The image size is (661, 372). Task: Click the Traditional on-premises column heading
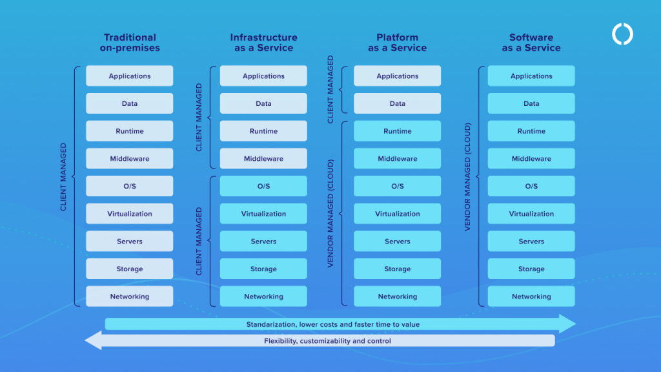coord(130,43)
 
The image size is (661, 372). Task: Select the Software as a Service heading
coord(531,43)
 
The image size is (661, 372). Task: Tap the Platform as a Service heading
coord(397,43)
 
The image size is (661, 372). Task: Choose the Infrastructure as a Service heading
coord(263,43)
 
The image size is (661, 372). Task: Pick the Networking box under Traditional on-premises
coord(129,296)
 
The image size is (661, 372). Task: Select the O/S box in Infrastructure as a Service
coord(263,186)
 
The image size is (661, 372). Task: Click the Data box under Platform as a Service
coord(397,103)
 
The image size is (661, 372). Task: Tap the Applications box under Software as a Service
coord(531,76)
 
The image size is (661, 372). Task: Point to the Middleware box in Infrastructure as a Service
coord(263,159)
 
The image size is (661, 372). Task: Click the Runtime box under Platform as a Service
coord(397,131)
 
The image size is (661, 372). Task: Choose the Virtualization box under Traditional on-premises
coord(129,214)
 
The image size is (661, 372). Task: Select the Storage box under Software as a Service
coord(531,269)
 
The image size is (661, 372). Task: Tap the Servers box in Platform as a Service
coord(397,242)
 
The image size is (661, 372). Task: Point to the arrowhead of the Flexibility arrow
coord(93,340)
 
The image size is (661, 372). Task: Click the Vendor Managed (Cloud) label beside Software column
coord(467,177)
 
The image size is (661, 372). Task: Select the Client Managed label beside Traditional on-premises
coord(63,177)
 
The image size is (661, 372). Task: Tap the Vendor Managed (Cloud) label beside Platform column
coord(330,213)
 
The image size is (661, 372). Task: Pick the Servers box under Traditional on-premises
coord(129,242)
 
